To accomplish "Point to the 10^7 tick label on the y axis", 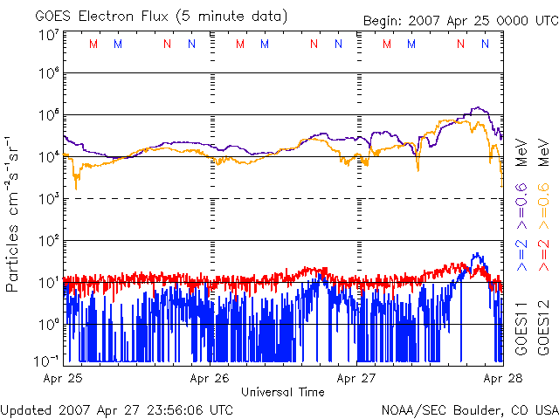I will click(49, 35).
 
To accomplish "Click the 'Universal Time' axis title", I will click(283, 392).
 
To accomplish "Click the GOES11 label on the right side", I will click(521, 328).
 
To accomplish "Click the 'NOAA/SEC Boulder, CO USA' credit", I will click(470, 409).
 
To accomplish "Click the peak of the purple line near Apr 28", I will click(476, 107).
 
